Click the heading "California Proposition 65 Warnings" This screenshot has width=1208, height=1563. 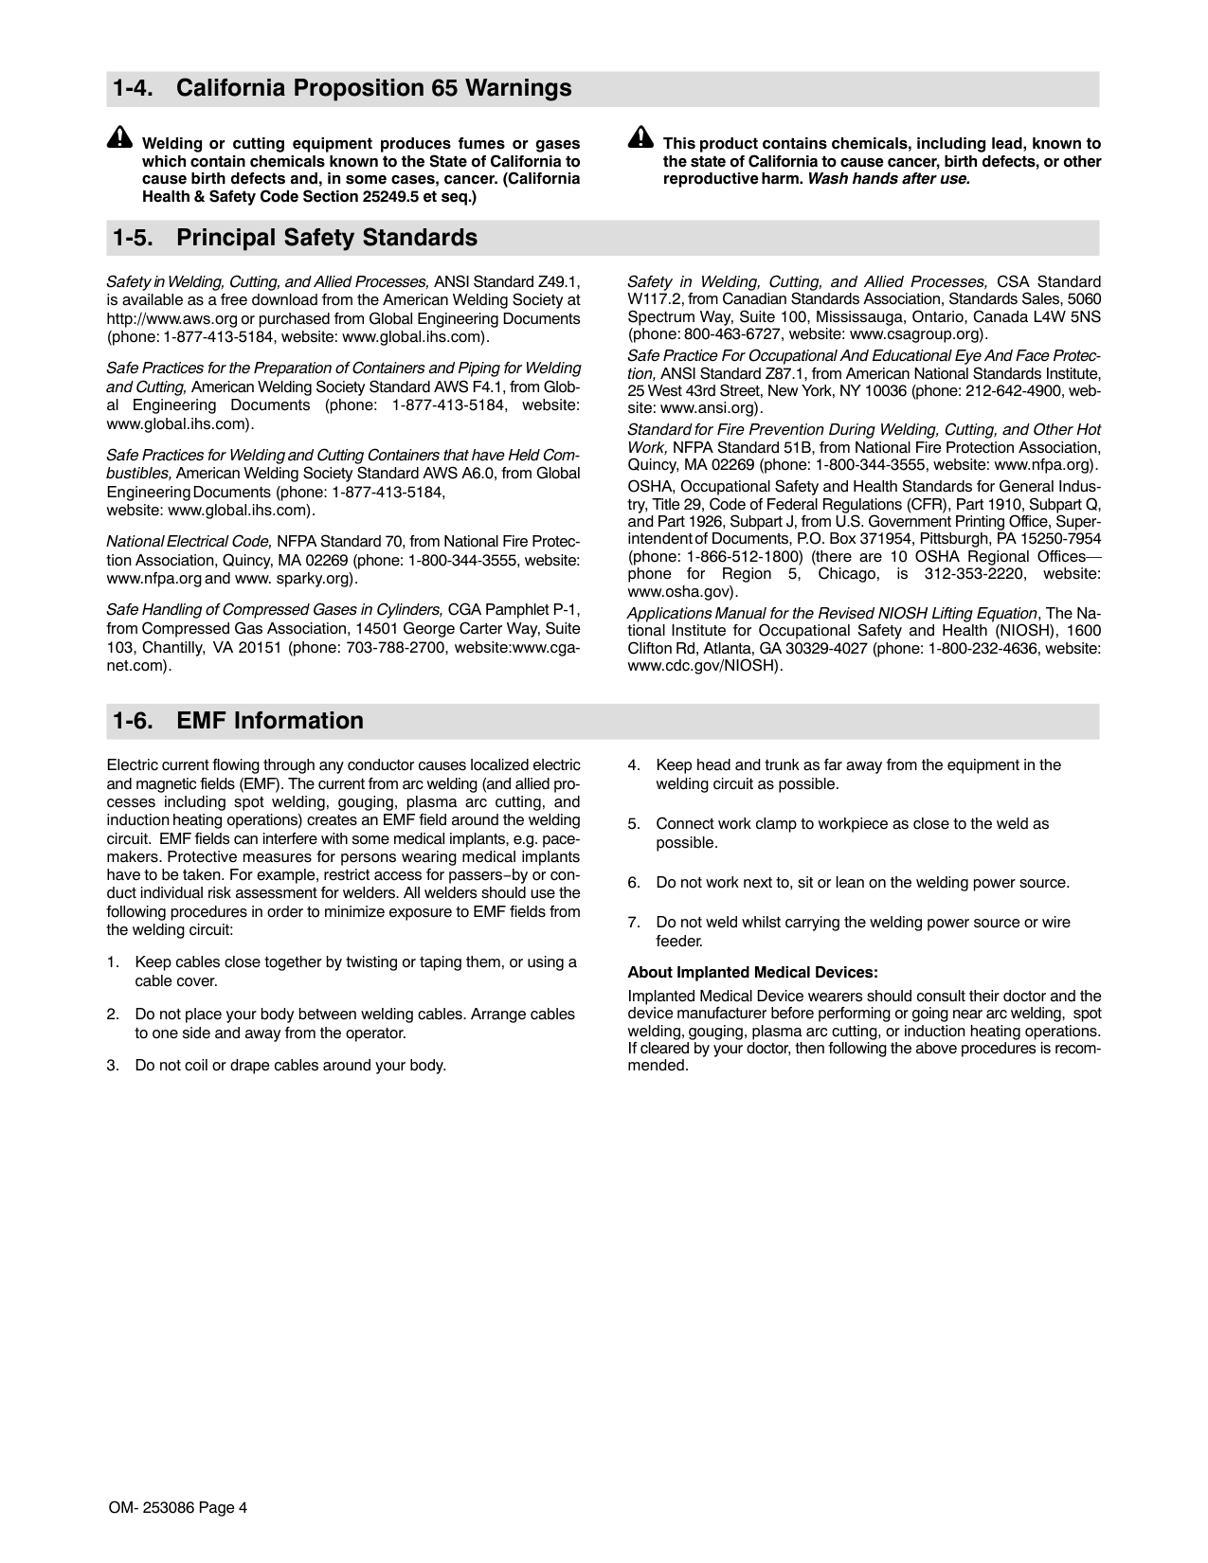(x=373, y=89)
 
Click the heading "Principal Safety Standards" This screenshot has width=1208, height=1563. (x=327, y=238)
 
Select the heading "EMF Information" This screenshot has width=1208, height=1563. (x=270, y=721)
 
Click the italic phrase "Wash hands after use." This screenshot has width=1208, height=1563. (x=889, y=179)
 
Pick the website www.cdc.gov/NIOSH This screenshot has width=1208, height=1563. (x=703, y=665)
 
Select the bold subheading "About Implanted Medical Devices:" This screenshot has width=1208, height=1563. (x=752, y=972)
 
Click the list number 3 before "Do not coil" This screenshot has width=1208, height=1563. (x=112, y=1066)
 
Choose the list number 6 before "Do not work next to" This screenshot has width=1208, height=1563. (x=633, y=883)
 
